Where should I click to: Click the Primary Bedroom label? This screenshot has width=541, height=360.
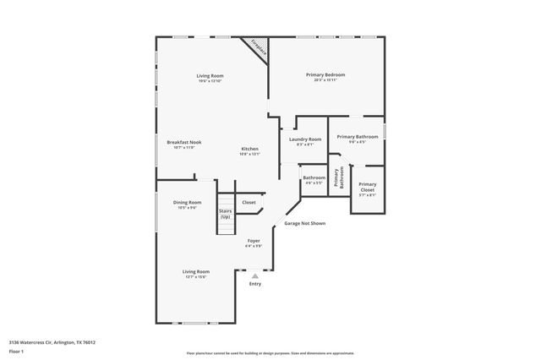coord(325,74)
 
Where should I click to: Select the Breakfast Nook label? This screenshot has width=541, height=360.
coord(183,142)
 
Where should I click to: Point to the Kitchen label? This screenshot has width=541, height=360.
coord(249,149)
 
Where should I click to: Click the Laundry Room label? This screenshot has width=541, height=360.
coord(304,139)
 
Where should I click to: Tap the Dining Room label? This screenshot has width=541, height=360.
coord(188,202)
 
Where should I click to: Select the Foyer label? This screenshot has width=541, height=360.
coord(253,241)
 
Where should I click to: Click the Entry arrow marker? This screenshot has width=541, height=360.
coord(255,275)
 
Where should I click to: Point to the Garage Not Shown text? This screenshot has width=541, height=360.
coord(304,223)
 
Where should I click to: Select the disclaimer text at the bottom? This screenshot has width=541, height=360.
coord(270,352)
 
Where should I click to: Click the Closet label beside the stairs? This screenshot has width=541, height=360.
coord(249,202)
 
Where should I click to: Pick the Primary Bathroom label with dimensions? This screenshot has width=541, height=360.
coord(358,136)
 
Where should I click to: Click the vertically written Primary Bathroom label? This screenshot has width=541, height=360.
coord(337,177)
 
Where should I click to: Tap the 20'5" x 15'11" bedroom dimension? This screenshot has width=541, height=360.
coord(325,80)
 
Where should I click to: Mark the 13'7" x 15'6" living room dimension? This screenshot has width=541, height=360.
coord(195,276)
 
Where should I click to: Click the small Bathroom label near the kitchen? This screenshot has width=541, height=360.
coord(314,177)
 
